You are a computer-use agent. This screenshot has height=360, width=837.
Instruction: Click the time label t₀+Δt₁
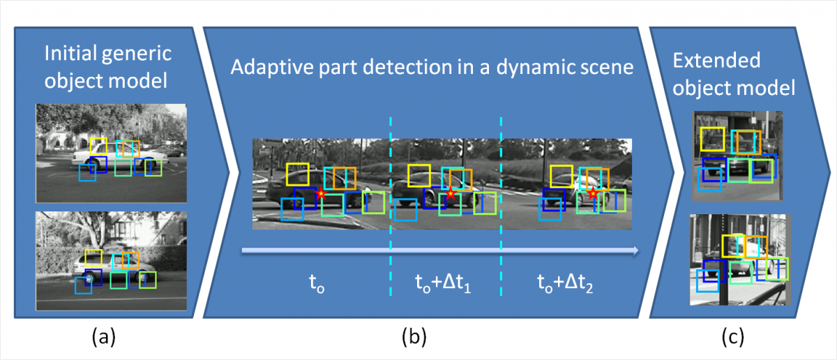442,283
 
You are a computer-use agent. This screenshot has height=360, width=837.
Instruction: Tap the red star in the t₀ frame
320,193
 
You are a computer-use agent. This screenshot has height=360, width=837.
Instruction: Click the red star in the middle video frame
451,193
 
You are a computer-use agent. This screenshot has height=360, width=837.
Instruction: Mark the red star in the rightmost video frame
593,194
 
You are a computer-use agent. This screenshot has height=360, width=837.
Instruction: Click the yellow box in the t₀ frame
297,174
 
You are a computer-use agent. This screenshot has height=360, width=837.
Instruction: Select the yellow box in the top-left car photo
98,146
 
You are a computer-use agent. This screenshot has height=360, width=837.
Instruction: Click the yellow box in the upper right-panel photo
712,139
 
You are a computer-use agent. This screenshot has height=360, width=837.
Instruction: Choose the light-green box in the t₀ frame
373,202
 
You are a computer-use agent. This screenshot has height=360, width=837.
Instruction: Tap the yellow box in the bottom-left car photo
93,256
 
